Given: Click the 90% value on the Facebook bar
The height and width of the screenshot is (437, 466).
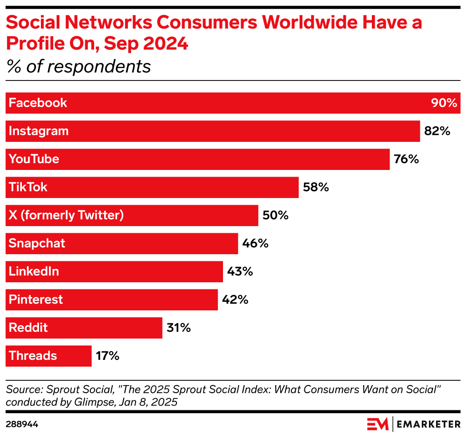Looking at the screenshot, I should pos(444,103).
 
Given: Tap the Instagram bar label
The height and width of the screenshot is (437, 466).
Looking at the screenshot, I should pos(39,131).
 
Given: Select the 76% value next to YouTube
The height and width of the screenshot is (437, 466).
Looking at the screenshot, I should pos(406,159).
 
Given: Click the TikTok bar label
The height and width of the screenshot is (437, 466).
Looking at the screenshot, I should pos(28,188).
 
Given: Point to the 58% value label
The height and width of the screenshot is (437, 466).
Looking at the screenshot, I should pos(316,188).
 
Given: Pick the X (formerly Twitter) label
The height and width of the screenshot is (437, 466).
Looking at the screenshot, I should pos(66,216).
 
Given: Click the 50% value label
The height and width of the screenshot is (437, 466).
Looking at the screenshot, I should pos(275,216).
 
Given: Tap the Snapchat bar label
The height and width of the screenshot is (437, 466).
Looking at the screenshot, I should pos(37,244).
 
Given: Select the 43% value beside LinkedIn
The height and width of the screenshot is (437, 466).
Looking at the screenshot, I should pos(240,272).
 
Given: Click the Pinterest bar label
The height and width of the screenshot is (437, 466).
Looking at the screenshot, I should pos(36,300).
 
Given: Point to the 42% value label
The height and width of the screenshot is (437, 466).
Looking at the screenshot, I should pos(235,300).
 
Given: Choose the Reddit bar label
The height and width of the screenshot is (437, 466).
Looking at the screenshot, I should pos(28,328).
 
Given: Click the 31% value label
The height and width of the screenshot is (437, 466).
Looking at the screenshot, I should pos(179,328).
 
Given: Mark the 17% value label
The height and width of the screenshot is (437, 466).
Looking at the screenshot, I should pos(107,356).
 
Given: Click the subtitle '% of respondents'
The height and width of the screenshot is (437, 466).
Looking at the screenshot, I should pos(78,67).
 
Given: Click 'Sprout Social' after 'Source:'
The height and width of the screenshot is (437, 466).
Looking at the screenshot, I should pos(64,389).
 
